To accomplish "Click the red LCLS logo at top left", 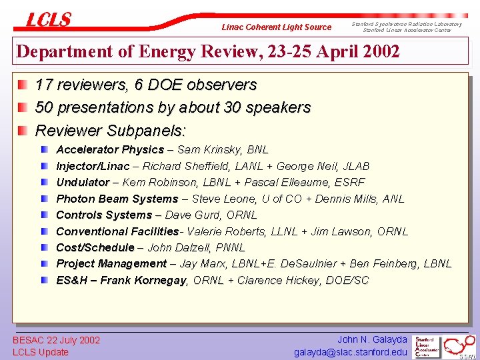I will (x=48, y=20).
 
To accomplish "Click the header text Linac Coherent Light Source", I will (x=276, y=27).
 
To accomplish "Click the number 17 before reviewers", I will (x=44, y=85).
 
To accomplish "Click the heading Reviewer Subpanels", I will (x=111, y=129).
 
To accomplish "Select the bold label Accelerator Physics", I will (x=110, y=150).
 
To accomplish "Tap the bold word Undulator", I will (x=83, y=182).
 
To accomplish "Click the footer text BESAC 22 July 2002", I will (x=57, y=340).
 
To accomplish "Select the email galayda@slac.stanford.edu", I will (x=351, y=352).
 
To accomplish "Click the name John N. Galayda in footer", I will (x=372, y=340).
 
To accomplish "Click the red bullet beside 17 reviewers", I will (x=23, y=85).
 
